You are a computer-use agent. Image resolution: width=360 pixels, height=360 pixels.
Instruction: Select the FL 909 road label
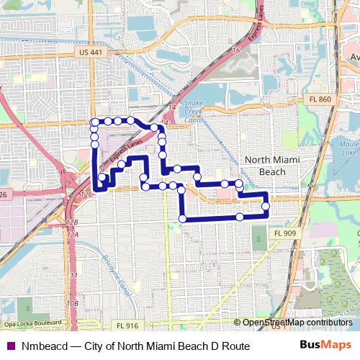coord(284,233)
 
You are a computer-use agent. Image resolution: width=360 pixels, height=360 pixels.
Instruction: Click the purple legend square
coord(11,346)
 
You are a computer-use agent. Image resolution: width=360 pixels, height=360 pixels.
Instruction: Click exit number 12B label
coord(71,223)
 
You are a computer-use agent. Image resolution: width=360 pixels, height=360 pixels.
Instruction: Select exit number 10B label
coord(72,303)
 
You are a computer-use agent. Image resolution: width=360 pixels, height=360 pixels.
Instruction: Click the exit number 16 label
coord(237,50)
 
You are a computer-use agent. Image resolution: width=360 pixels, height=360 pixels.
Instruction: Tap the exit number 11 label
coord(73,276)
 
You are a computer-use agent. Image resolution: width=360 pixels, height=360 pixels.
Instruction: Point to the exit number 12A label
coord(73,234)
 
